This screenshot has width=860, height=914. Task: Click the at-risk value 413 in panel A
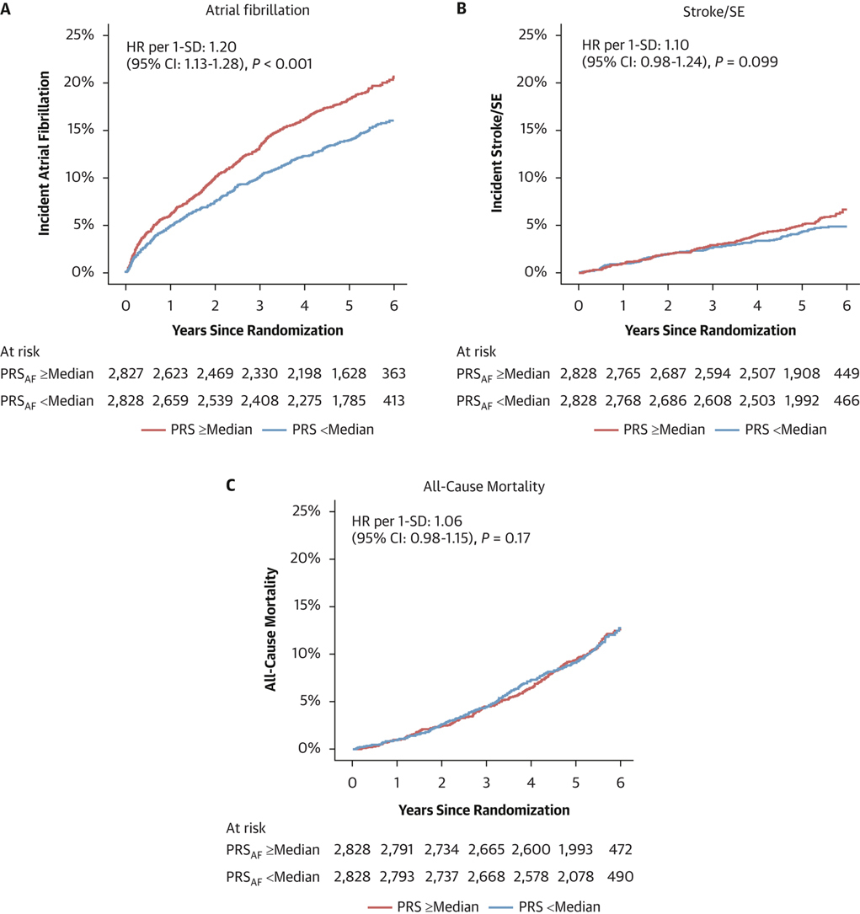click(x=393, y=399)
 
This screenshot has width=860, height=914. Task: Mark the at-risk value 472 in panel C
click(x=620, y=851)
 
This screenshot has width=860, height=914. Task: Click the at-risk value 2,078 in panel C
click(x=574, y=876)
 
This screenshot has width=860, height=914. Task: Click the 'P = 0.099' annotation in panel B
click(x=744, y=61)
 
